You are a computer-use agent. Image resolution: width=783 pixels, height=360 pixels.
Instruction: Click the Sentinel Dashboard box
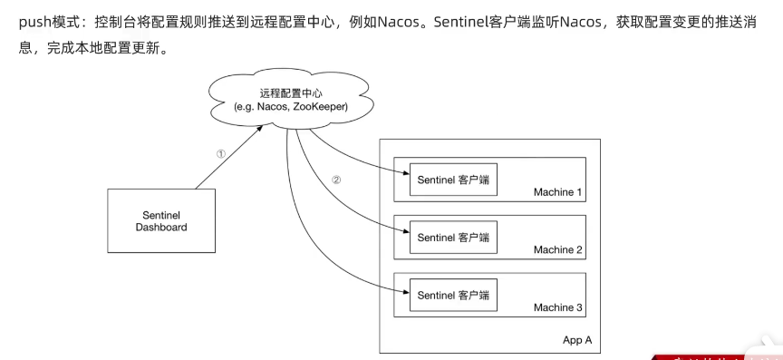point(161,220)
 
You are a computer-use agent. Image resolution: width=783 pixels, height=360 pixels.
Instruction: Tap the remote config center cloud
point(291,100)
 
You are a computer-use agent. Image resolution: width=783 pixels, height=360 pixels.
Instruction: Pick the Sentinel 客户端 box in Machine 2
point(453,237)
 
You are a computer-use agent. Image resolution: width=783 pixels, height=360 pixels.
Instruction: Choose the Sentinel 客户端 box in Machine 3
point(453,295)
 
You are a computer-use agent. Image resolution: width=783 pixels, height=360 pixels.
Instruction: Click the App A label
point(578,340)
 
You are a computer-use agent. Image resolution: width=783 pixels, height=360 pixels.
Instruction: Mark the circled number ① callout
point(220,153)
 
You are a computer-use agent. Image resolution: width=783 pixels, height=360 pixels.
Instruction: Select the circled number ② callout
point(336,180)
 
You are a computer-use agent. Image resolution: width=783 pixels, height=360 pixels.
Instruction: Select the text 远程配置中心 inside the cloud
point(291,92)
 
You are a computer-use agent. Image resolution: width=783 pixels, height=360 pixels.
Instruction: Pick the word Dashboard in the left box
point(161,228)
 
